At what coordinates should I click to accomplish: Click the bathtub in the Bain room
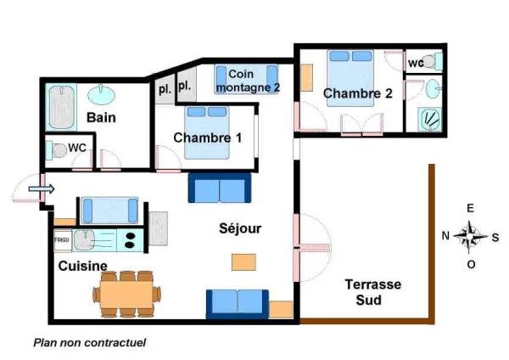click(61, 107)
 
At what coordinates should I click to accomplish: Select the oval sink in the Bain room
click(101, 94)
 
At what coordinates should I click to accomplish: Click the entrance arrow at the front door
click(42, 188)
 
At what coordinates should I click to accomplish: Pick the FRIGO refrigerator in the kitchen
click(62, 240)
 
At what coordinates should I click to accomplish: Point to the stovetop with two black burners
click(130, 240)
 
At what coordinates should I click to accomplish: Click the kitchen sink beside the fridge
click(84, 240)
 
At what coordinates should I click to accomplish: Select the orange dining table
click(126, 294)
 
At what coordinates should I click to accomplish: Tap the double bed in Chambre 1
click(207, 132)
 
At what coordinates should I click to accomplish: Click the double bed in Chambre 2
click(350, 78)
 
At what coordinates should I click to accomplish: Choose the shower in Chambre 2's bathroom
click(430, 119)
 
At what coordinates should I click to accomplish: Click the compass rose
click(470, 237)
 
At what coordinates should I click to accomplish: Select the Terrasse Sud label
click(372, 292)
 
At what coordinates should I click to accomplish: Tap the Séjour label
click(240, 228)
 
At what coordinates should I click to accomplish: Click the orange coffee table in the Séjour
click(243, 262)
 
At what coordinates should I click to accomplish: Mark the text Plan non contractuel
click(90, 342)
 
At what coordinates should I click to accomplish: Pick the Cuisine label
click(83, 266)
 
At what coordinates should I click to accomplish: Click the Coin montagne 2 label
click(248, 81)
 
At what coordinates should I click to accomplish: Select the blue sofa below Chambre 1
click(220, 188)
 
